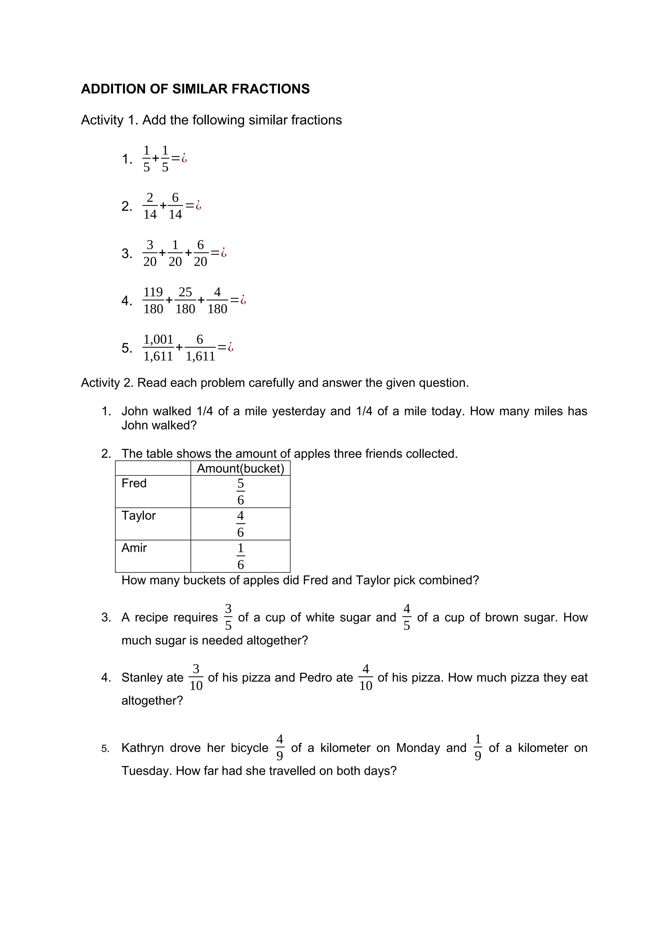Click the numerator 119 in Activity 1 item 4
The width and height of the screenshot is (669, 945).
(153, 292)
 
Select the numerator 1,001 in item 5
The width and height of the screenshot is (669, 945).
(158, 340)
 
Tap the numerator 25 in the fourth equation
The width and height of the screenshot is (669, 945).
(185, 292)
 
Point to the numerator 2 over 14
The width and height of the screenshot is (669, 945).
(150, 198)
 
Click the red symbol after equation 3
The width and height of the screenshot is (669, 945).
(224, 252)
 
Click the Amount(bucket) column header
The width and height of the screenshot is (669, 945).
(240, 468)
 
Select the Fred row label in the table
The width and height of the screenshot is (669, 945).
(134, 483)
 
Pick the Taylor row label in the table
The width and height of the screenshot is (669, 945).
(139, 515)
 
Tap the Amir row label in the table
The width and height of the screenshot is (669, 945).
(134, 548)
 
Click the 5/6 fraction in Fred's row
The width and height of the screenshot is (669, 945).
(240, 491)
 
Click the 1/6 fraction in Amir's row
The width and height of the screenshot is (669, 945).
(240, 556)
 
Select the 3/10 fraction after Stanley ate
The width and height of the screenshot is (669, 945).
(196, 677)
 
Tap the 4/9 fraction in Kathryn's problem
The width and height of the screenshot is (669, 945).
(280, 748)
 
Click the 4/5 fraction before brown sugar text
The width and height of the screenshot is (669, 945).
(407, 617)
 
